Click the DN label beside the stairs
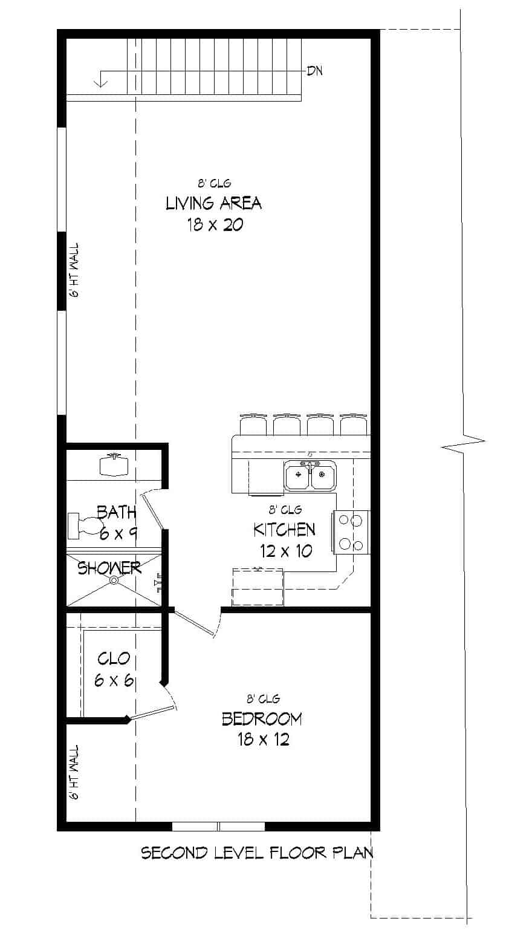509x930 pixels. click(314, 71)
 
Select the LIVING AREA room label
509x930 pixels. click(213, 203)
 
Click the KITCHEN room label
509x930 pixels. click(284, 530)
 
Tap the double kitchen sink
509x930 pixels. click(311, 475)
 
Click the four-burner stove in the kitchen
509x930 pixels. click(351, 532)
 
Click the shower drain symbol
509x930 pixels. click(114, 580)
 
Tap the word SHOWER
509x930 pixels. click(109, 568)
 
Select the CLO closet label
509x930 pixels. click(114, 658)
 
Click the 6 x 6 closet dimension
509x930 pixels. click(114, 680)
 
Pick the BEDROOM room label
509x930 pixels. click(262, 718)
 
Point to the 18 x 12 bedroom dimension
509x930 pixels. click(263, 739)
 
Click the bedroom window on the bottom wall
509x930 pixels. click(218, 827)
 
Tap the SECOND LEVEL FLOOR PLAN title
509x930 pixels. click(257, 853)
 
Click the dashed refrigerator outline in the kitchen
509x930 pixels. click(258, 587)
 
